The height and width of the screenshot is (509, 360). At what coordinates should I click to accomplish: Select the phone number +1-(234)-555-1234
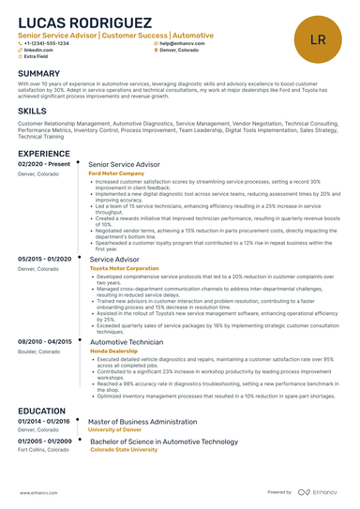pos(46,43)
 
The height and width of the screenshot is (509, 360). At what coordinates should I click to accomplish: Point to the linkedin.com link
pos(38,50)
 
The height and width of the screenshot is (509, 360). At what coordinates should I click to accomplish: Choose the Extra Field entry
pos(38,56)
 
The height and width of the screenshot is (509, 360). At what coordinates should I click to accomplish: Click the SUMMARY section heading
pos(38,73)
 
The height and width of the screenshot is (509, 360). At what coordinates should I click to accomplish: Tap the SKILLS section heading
pos(32,111)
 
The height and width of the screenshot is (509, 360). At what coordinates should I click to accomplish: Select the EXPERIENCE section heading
pos(43,153)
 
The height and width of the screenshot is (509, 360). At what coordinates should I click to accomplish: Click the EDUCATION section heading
pos(41,411)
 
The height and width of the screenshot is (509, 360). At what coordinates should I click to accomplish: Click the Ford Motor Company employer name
pos(116,173)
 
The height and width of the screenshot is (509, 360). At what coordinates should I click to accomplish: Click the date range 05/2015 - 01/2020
pos(45,259)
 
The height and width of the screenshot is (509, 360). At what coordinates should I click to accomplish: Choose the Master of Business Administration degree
pos(142,422)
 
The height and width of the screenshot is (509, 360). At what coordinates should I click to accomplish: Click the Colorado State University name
pos(124,449)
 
